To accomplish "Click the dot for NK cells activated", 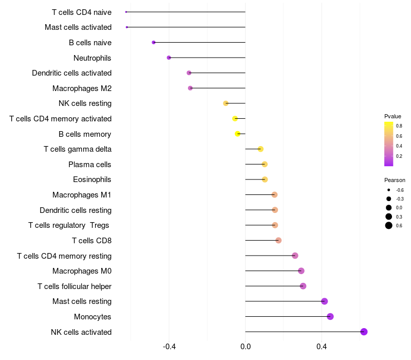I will coord(364,332).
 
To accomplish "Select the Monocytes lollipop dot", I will coord(330,316).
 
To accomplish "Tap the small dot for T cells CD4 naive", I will coord(126,12).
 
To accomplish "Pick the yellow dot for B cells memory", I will coord(238,134).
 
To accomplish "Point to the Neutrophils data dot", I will coord(169,58).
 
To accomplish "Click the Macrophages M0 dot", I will coord(301,271).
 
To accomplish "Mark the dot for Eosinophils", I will coord(265,179).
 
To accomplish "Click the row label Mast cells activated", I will coord(78,27).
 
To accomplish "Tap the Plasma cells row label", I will coord(90,165).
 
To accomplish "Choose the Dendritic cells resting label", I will coord(76,210).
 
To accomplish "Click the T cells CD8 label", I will coord(92,241).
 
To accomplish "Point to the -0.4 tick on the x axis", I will coord(169,348).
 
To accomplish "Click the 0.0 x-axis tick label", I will coord(246,348).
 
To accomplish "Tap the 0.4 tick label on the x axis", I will coord(322,348).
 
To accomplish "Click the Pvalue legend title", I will coord(393,116).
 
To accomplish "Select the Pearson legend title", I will coord(395,181).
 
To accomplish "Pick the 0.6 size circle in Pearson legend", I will coord(389,226).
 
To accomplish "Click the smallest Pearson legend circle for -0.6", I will coord(389,190).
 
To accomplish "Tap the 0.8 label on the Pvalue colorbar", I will coord(399,125).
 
